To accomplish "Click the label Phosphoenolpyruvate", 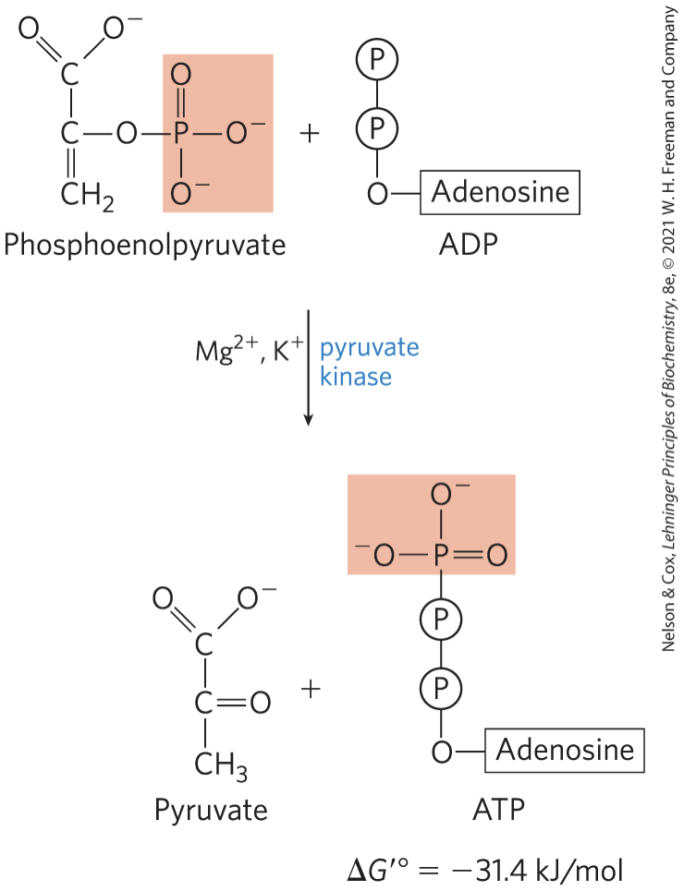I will tap(144, 245).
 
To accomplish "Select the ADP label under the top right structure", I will tap(469, 246).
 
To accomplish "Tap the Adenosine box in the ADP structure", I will tap(500, 193).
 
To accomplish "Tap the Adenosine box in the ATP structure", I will tap(566, 750).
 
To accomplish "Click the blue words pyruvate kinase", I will tap(369, 362).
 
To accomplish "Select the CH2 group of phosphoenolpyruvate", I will tap(87, 196).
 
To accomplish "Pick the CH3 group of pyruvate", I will tap(220, 765).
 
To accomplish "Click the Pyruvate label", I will tap(211, 811).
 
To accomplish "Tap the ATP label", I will tap(499, 811).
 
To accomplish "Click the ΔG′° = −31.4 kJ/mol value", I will tap(485, 870).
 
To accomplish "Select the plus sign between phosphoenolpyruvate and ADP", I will tap(310, 134).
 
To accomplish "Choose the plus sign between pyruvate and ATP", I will tap(314, 689).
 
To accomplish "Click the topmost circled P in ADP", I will tap(376, 61).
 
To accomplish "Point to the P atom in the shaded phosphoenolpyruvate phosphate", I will tap(181, 135).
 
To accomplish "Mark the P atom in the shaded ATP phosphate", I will tap(442, 555).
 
